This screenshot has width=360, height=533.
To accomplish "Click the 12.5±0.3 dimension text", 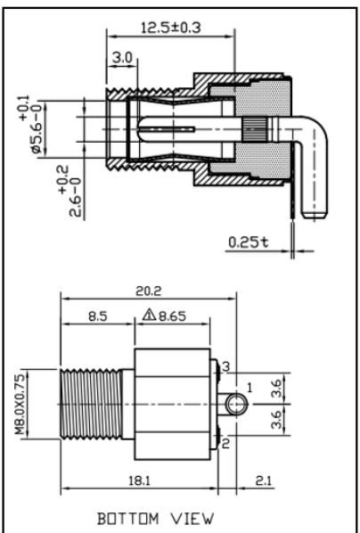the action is coord(171,28).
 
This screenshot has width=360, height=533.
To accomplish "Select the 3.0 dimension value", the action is coord(122,57).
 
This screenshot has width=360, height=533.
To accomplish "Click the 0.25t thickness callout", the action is coord(249,242).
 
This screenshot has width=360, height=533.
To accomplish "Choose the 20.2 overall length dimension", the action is coord(149,291).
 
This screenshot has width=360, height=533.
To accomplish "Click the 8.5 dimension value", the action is coord(98,316).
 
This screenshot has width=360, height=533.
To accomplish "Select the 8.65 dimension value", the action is coord(173,316).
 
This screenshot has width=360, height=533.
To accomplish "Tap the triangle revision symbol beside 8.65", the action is coord(149,316).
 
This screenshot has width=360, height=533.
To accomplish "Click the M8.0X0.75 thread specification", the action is coord(20,404).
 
